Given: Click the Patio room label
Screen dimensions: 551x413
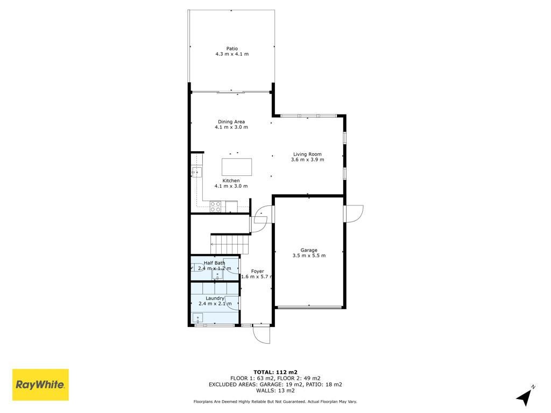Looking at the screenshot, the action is [x=232, y=48].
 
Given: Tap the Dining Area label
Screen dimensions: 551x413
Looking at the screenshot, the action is [x=231, y=122].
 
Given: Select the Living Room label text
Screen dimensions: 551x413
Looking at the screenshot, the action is [x=307, y=154].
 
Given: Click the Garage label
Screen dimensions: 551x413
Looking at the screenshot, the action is [x=309, y=250].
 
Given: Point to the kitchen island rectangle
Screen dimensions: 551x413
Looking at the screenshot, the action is [x=237, y=167].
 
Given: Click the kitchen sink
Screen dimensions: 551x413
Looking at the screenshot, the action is [x=197, y=172].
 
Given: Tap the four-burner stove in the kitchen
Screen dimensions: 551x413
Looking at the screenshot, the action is [x=215, y=206].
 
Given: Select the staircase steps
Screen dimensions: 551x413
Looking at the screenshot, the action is [x=230, y=244].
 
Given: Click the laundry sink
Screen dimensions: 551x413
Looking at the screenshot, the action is [x=198, y=318].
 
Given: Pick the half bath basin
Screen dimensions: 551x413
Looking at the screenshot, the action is [x=217, y=275].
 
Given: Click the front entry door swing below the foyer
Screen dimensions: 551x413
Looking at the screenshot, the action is [x=262, y=334].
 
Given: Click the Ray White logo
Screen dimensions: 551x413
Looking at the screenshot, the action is [x=40, y=384].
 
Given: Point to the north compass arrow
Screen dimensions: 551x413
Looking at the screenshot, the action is [x=525, y=397].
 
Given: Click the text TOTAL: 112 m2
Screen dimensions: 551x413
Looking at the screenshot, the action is [x=275, y=372].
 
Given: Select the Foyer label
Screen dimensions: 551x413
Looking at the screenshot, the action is [x=258, y=271].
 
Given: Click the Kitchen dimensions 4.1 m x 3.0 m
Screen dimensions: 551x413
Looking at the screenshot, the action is [x=231, y=186].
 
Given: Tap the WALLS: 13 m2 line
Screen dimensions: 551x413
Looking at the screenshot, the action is [x=275, y=390].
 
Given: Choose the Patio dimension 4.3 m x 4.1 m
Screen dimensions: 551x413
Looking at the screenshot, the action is [x=232, y=54].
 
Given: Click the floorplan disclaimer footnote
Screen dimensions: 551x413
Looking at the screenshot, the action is [x=275, y=401].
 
